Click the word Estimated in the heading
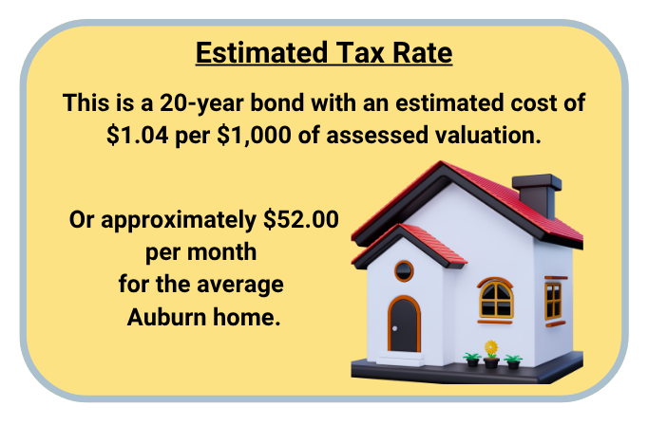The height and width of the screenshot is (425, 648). click(x=261, y=53)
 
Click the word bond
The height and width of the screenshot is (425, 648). click(x=276, y=102)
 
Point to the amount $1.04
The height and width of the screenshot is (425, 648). click(x=137, y=136)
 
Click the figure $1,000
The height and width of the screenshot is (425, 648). click(x=254, y=136)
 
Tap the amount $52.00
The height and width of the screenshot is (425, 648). click(x=301, y=219)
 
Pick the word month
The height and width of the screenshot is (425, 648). click(x=222, y=251)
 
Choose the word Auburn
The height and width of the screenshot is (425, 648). click(x=166, y=317)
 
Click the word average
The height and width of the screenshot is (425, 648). click(x=240, y=286)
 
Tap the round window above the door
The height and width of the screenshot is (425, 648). click(x=404, y=271)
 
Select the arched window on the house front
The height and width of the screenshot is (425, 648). click(x=496, y=298)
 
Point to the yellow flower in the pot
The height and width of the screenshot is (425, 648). click(x=491, y=349)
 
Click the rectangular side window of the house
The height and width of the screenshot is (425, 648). click(x=553, y=302)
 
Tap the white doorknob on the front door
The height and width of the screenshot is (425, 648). click(x=394, y=328)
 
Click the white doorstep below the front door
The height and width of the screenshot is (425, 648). click(x=400, y=359)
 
